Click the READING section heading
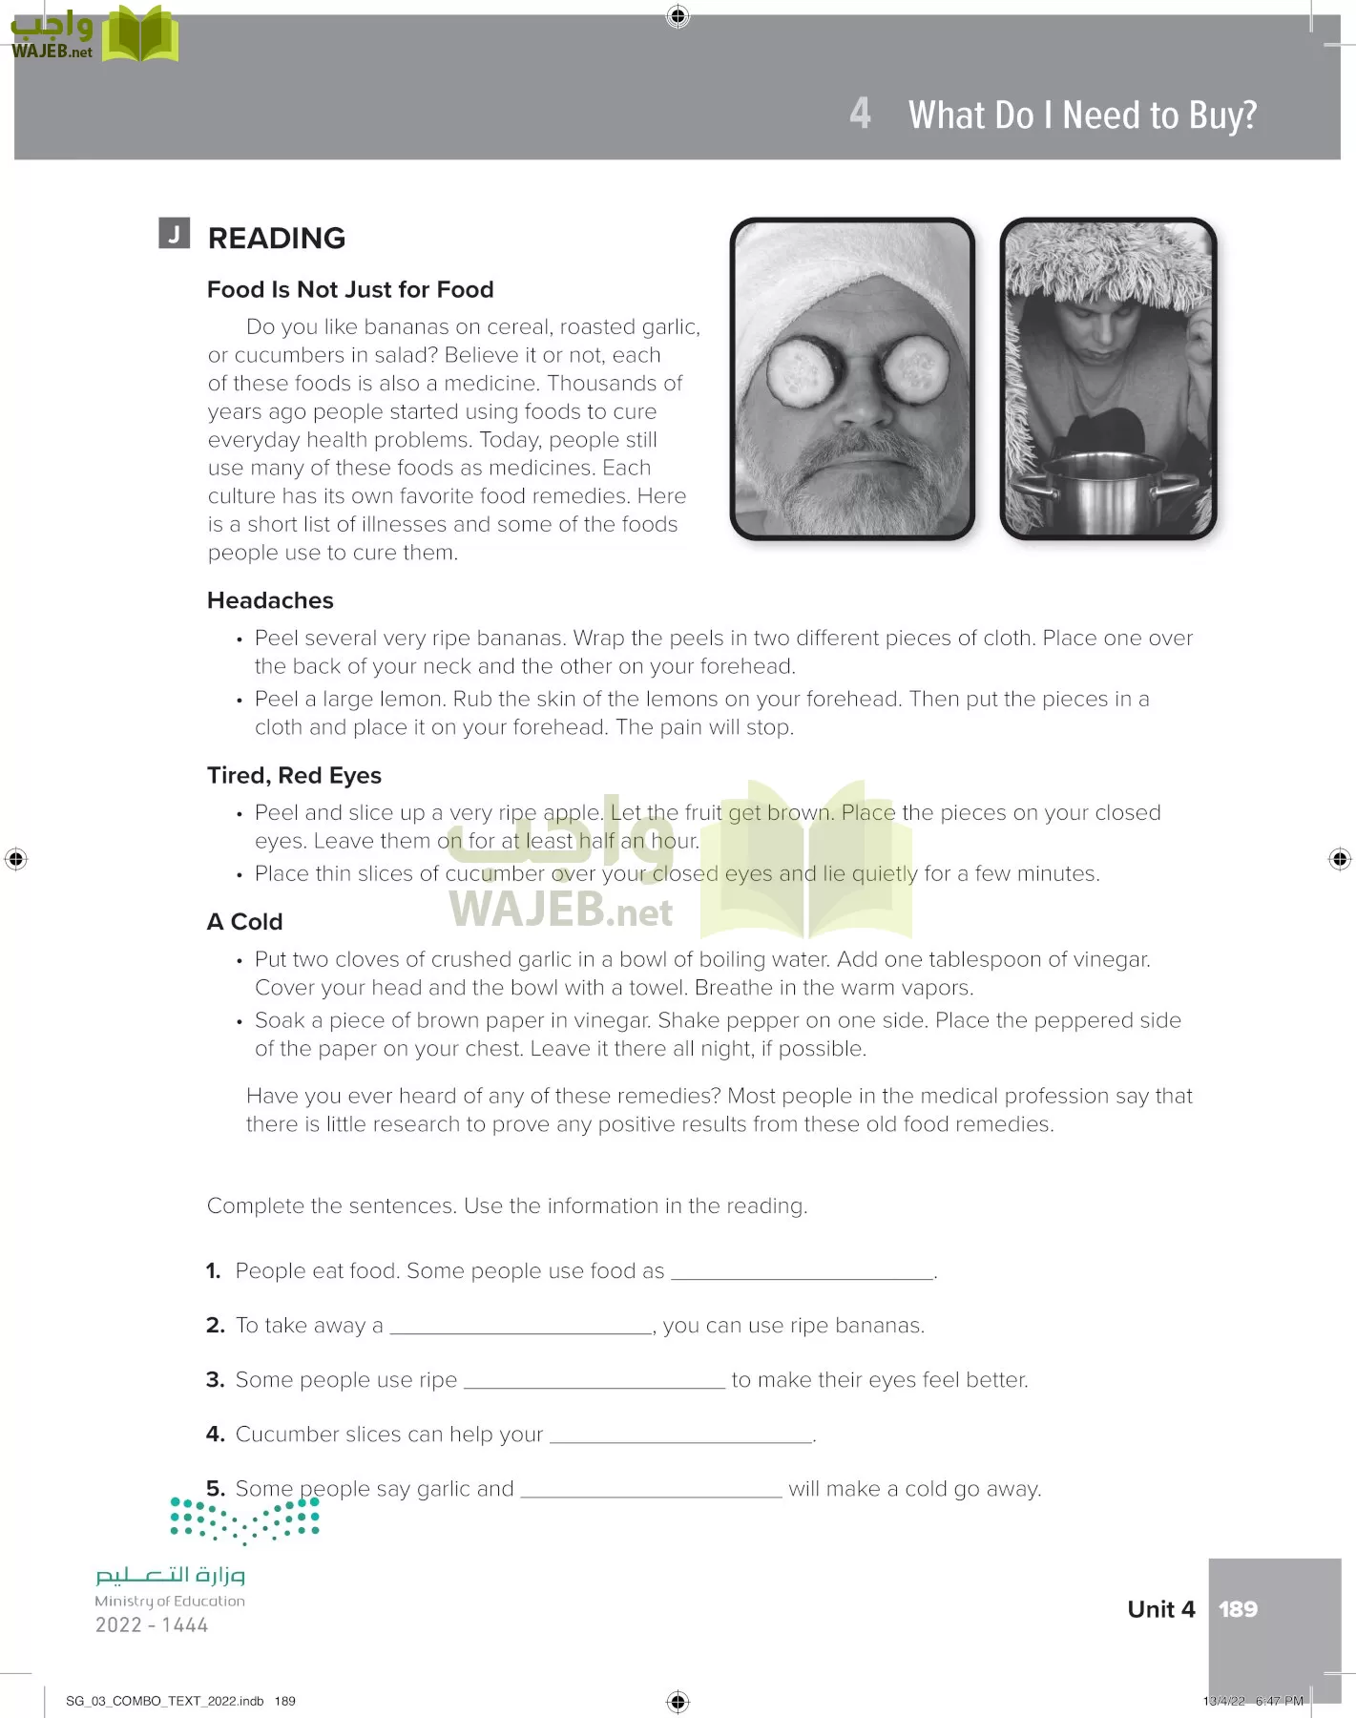point(277,238)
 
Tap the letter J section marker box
point(174,233)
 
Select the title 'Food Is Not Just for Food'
point(350,289)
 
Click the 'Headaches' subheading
point(270,600)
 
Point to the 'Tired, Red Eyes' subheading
point(294,775)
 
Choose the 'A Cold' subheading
point(245,921)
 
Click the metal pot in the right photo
point(1107,491)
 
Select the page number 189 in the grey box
point(1238,1609)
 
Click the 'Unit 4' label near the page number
point(1160,1609)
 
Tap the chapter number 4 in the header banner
point(860,114)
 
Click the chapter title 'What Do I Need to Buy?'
point(1082,115)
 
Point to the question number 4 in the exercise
point(215,1434)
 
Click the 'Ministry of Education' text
point(170,1601)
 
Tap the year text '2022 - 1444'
point(152,1624)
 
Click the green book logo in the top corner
point(139,34)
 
